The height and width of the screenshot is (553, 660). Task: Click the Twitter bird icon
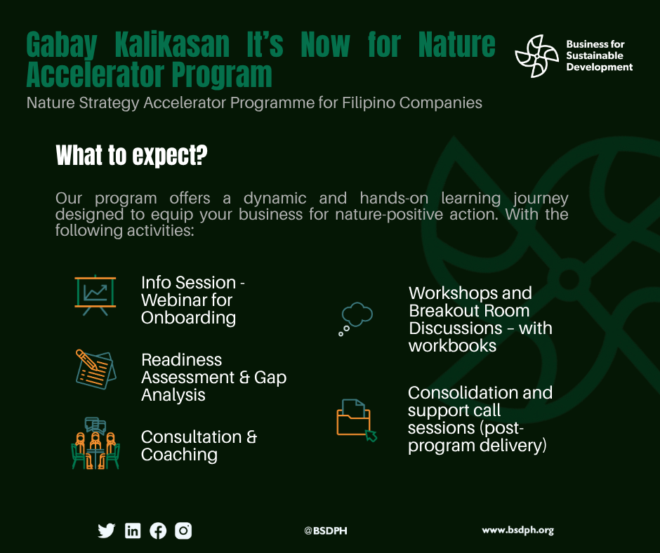pos(107,531)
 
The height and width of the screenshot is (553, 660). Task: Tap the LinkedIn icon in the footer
pos(133,531)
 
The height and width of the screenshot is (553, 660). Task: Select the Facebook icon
pos(158,531)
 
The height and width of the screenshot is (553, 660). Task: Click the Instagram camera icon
pos(183,531)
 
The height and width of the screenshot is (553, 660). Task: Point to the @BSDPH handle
pos(326,531)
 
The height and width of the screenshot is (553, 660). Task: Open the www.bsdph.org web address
pos(517,531)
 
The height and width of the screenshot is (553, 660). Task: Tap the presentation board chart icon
pos(95,295)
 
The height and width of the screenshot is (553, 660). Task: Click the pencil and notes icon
pos(95,369)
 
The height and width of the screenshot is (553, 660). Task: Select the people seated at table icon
pos(95,443)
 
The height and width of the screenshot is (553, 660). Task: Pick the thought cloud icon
pos(356,319)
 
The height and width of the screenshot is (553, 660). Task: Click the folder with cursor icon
pos(357,420)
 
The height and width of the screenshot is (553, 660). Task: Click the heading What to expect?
pos(131,155)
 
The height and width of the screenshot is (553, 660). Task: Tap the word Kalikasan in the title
pos(172,45)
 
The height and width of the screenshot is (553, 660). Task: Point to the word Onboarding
pos(189,318)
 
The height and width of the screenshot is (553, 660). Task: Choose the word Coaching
pos(179,455)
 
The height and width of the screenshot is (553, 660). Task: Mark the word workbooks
pos(452,346)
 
